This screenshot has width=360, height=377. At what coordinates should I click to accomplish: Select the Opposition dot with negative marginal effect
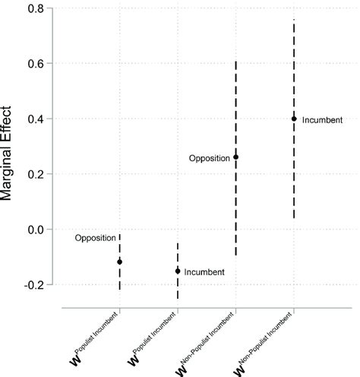[120, 261]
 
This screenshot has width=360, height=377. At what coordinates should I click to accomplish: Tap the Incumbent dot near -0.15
[178, 271]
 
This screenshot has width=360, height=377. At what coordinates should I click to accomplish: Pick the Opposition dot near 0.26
[236, 157]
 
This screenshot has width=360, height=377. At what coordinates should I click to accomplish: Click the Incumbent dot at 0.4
[294, 119]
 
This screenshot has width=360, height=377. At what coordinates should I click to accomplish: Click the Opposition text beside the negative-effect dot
[95, 238]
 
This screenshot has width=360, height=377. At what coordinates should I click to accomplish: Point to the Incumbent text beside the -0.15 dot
[204, 271]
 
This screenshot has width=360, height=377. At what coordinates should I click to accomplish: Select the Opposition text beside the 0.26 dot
[210, 158]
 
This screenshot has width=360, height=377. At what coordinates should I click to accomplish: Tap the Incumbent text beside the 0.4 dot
[322, 119]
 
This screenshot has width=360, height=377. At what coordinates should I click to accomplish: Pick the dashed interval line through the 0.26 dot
[236, 213]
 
